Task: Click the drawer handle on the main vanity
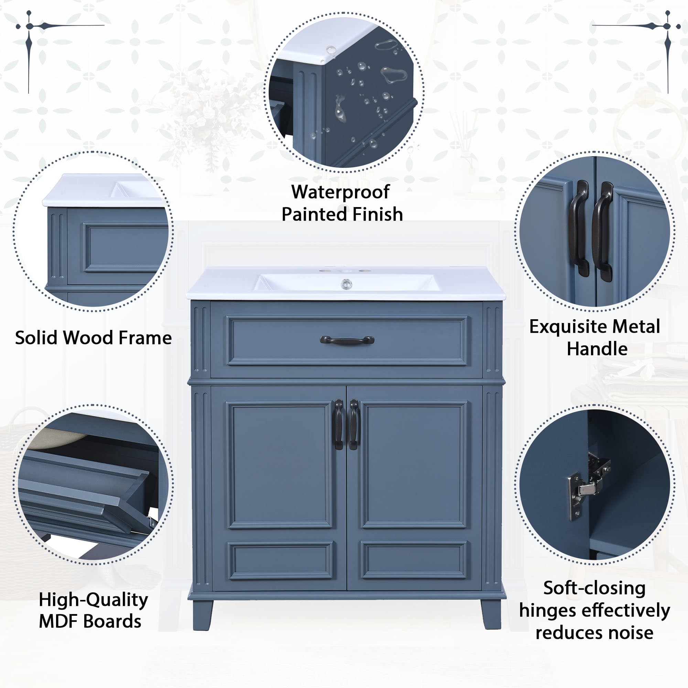[347, 340]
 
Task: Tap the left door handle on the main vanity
[338, 424]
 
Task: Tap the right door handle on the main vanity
[354, 424]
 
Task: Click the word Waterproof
[341, 193]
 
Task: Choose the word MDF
[59, 621]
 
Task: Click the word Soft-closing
[594, 588]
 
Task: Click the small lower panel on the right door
[413, 560]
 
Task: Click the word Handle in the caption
[597, 348]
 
